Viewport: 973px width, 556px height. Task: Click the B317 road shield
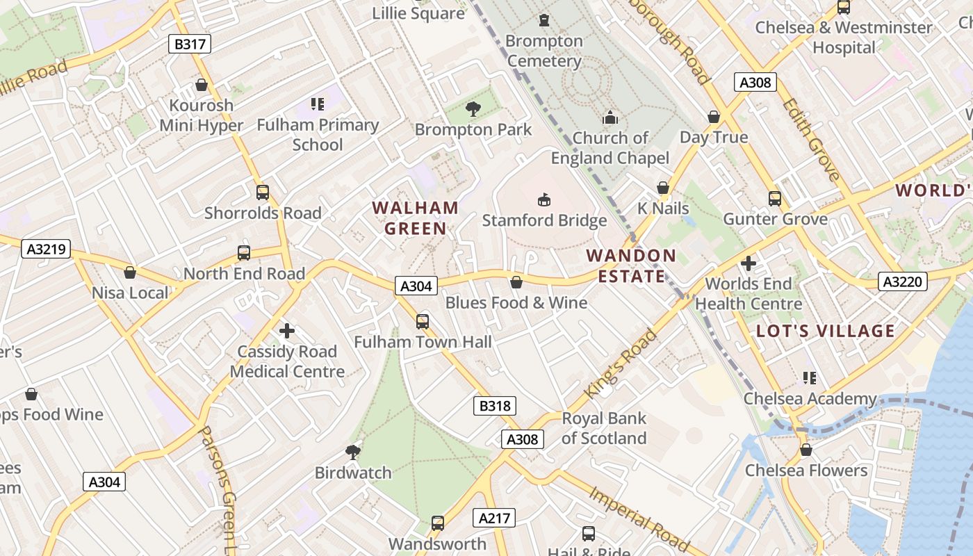click(x=190, y=44)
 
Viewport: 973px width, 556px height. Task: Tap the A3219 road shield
click(x=47, y=249)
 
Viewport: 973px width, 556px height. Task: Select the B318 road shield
click(x=495, y=406)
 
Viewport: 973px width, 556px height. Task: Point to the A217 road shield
click(x=495, y=518)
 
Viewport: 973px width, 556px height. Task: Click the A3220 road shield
click(x=903, y=281)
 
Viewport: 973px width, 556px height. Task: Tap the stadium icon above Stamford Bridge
click(x=544, y=200)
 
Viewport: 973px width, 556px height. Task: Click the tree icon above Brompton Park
click(x=473, y=108)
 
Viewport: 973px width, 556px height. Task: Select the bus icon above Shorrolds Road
click(x=263, y=193)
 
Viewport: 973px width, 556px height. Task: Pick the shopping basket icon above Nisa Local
click(x=130, y=272)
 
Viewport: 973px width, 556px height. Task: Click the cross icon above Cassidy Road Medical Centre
click(x=287, y=331)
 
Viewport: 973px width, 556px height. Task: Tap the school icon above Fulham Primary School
click(x=318, y=104)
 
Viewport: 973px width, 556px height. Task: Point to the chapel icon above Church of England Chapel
click(x=610, y=117)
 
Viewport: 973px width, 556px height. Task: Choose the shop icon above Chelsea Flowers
click(x=806, y=450)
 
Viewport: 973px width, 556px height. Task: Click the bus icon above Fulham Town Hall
click(x=423, y=321)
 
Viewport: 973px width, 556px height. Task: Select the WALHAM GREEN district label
click(x=416, y=218)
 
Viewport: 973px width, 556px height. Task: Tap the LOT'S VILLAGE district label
click(x=826, y=331)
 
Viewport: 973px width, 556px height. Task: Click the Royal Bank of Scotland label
click(x=604, y=428)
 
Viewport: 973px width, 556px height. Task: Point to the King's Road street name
click(x=620, y=364)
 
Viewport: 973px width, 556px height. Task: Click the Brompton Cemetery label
click(x=544, y=51)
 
